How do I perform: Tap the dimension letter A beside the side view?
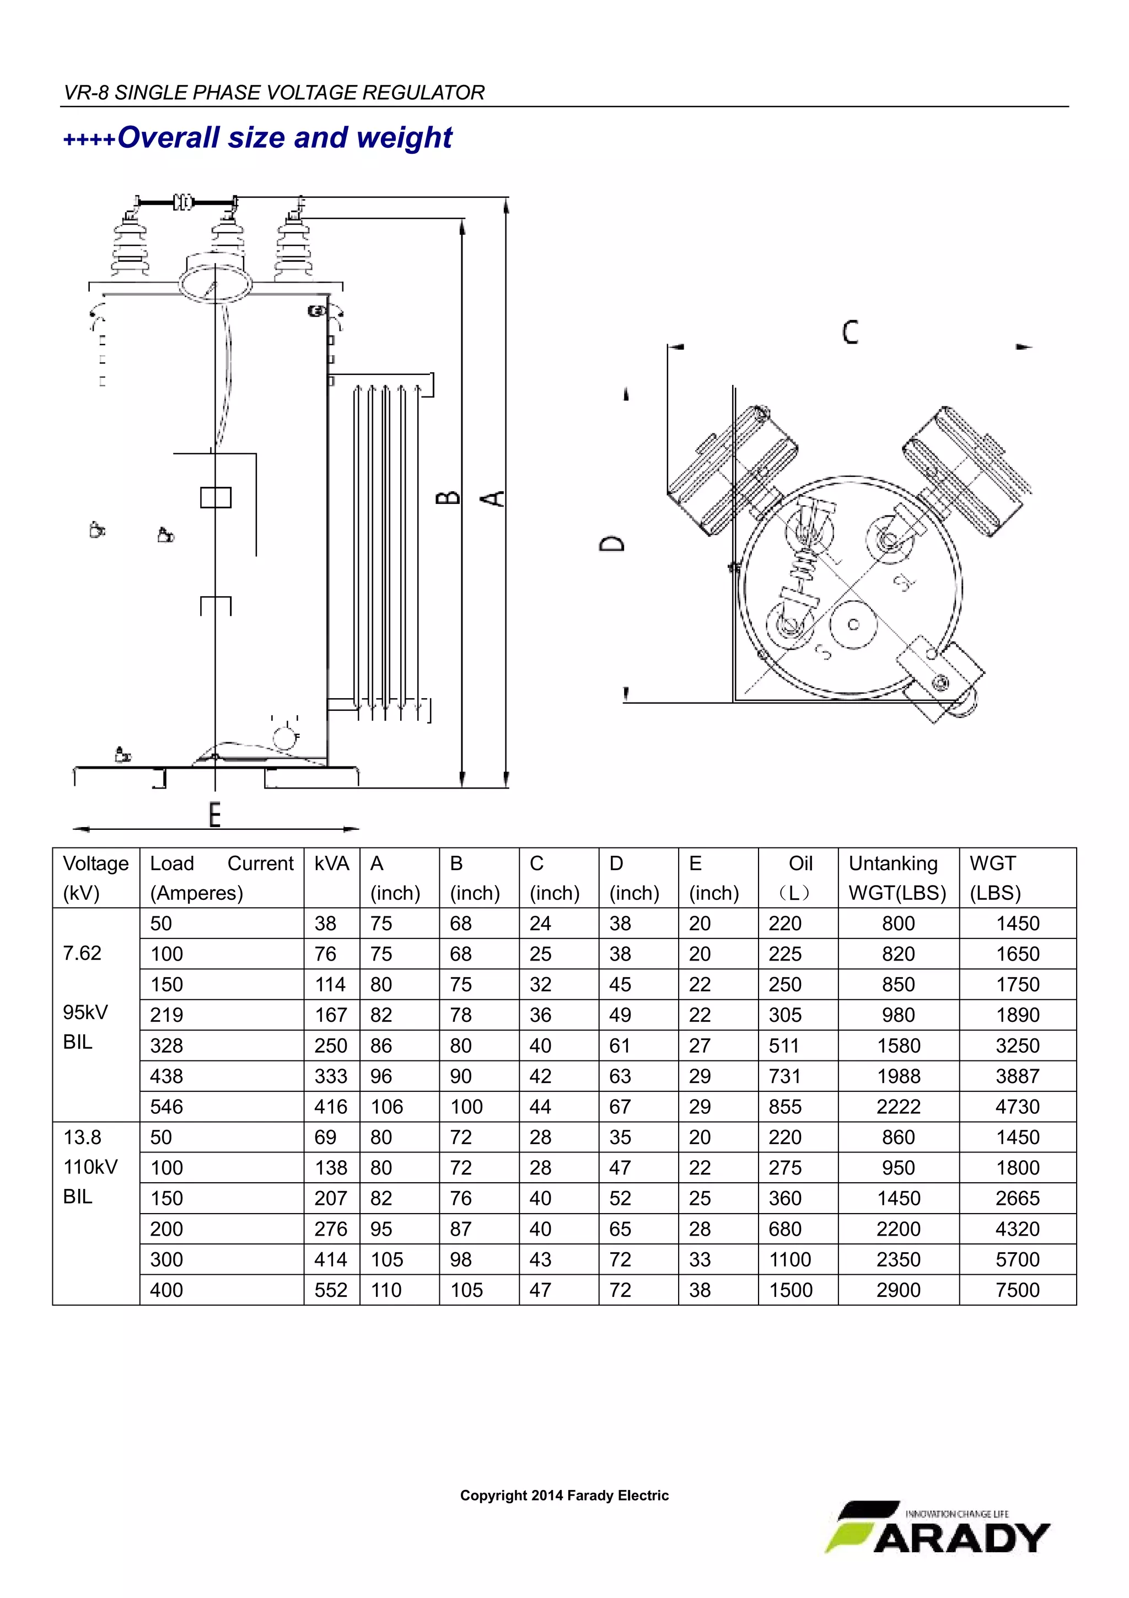tap(493, 498)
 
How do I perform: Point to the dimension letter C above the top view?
tap(850, 332)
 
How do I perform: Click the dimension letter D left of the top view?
tap(612, 544)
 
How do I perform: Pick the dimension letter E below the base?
tap(215, 814)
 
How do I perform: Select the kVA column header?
tap(331, 864)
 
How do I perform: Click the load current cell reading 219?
tap(166, 1015)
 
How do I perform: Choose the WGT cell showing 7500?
tap(1017, 1290)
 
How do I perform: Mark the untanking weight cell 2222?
tap(898, 1107)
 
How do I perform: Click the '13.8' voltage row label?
tap(82, 1137)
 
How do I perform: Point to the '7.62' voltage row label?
tap(82, 953)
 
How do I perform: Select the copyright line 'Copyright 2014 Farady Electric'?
tap(564, 1495)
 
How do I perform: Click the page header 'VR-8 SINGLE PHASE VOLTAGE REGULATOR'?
tap(274, 93)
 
